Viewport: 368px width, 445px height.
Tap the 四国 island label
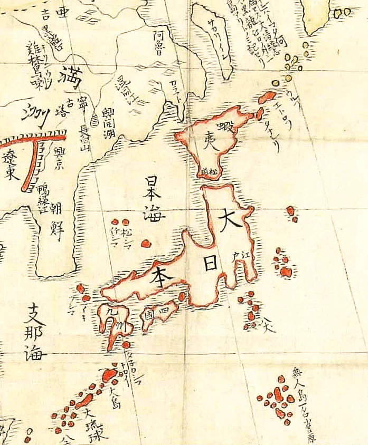tap(157, 311)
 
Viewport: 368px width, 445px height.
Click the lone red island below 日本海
tap(147, 244)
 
